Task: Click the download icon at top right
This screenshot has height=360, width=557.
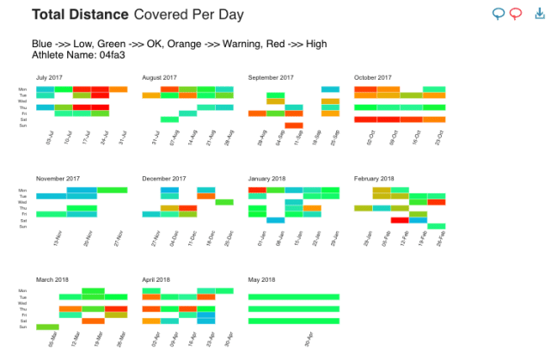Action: (x=540, y=14)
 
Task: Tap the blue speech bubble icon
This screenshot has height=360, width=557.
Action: (x=499, y=14)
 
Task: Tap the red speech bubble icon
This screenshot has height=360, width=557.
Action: (x=516, y=14)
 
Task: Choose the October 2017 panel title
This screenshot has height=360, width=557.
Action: (x=373, y=77)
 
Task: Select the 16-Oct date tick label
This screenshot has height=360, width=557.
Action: (x=418, y=137)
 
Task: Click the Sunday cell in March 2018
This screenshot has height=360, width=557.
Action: (x=47, y=327)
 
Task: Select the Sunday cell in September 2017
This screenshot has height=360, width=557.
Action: (x=294, y=125)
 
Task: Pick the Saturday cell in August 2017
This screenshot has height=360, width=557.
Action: (x=169, y=119)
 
